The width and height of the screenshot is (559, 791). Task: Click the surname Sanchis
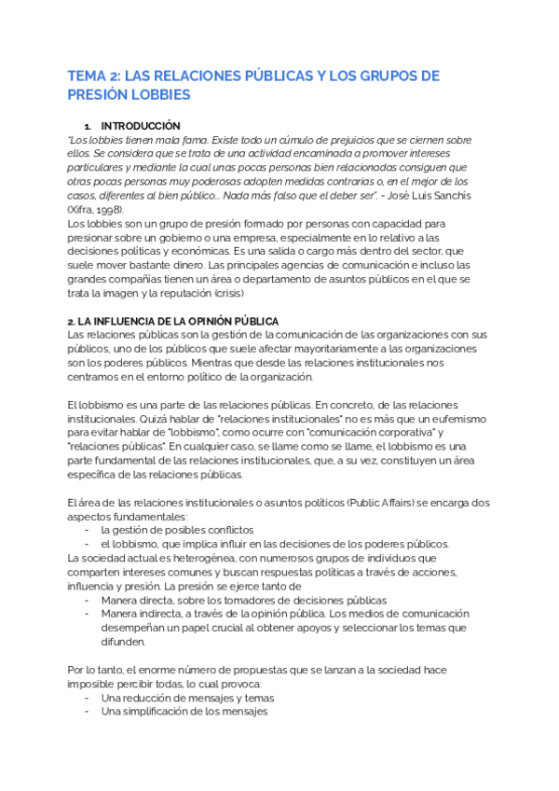(x=446, y=196)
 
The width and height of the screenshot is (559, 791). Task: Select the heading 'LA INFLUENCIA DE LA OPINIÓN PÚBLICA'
(x=173, y=321)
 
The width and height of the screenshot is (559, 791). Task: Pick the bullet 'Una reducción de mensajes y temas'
(x=187, y=698)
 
